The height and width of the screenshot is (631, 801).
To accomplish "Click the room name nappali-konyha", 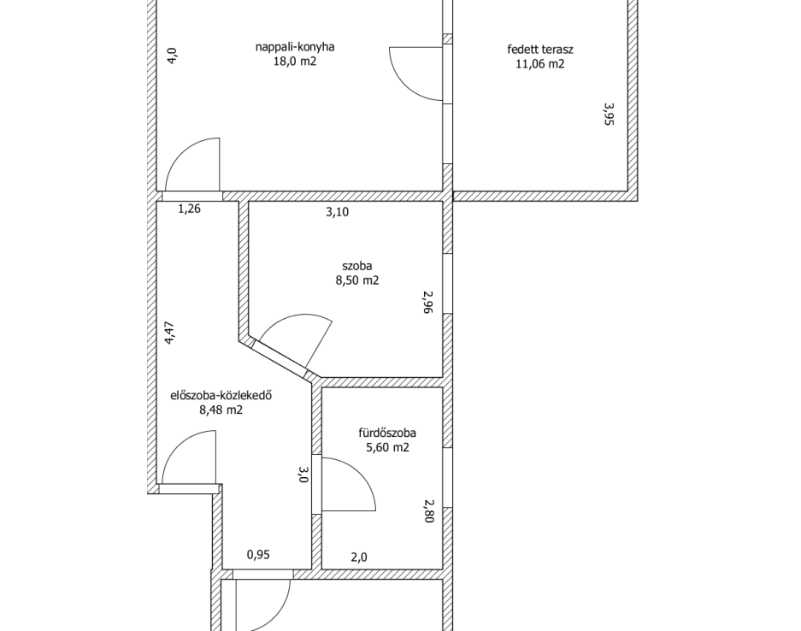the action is [295, 47].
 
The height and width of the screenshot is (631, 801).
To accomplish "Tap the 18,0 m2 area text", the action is [295, 62].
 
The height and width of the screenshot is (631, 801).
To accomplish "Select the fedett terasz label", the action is [540, 50].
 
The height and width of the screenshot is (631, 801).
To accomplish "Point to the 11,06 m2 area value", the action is [540, 64].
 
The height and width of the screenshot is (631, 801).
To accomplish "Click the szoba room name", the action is [357, 266].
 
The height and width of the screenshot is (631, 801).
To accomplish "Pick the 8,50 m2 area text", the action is [357, 280].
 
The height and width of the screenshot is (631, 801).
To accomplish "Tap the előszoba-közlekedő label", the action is [221, 395].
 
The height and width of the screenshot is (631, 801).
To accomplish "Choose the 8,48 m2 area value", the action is [221, 410].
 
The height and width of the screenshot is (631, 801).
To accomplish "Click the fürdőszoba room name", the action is [387, 433].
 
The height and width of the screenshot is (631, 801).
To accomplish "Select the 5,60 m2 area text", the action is [387, 447].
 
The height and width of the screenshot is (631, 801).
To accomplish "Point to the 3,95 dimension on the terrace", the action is [609, 114].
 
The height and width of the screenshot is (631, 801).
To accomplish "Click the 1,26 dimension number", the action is [189, 209].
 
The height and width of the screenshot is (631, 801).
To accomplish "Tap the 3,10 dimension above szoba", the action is [337, 211].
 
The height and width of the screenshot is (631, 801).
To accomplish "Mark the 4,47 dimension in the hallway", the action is [170, 333].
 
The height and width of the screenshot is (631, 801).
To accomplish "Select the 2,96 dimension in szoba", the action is [428, 302].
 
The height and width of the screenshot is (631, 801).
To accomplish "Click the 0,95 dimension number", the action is [258, 554].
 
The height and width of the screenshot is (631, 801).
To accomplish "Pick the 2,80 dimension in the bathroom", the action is [428, 511].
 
